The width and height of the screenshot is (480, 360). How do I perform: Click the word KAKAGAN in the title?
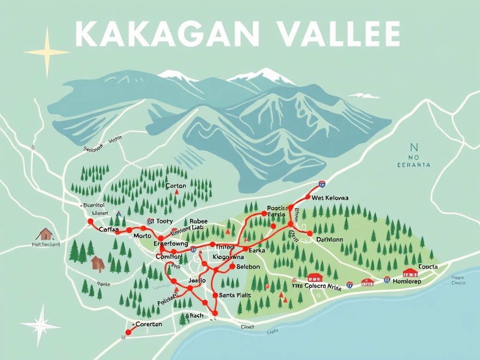point(166,34)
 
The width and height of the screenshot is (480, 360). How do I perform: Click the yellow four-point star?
point(47,52)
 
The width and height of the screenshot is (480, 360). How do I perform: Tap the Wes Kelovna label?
point(330,198)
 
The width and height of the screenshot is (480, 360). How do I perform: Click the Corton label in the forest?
point(176,186)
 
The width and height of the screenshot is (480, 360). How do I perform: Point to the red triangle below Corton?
point(176,192)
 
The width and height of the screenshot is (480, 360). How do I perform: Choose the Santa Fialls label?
point(235,295)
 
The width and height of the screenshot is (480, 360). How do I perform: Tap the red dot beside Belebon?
point(232,267)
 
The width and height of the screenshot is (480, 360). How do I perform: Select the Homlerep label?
point(407,281)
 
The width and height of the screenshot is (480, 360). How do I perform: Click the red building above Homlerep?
point(410,273)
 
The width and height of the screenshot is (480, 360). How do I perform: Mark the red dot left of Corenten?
point(128,332)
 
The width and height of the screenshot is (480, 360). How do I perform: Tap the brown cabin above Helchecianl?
point(45,234)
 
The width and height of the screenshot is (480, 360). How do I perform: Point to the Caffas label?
point(109,229)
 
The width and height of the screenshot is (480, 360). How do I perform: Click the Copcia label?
point(427,267)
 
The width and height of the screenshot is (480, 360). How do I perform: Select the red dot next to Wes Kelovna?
point(308,197)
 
